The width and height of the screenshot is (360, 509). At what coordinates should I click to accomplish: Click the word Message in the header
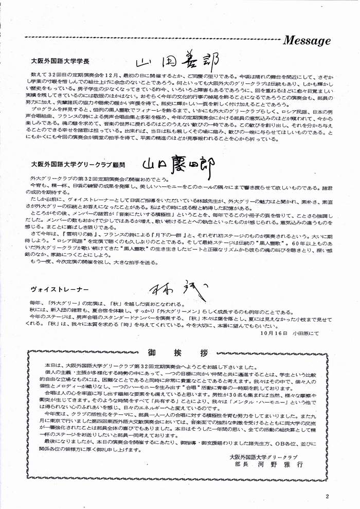(x=307, y=41)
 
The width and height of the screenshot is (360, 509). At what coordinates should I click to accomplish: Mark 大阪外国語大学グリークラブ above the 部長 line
(x=264, y=455)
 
